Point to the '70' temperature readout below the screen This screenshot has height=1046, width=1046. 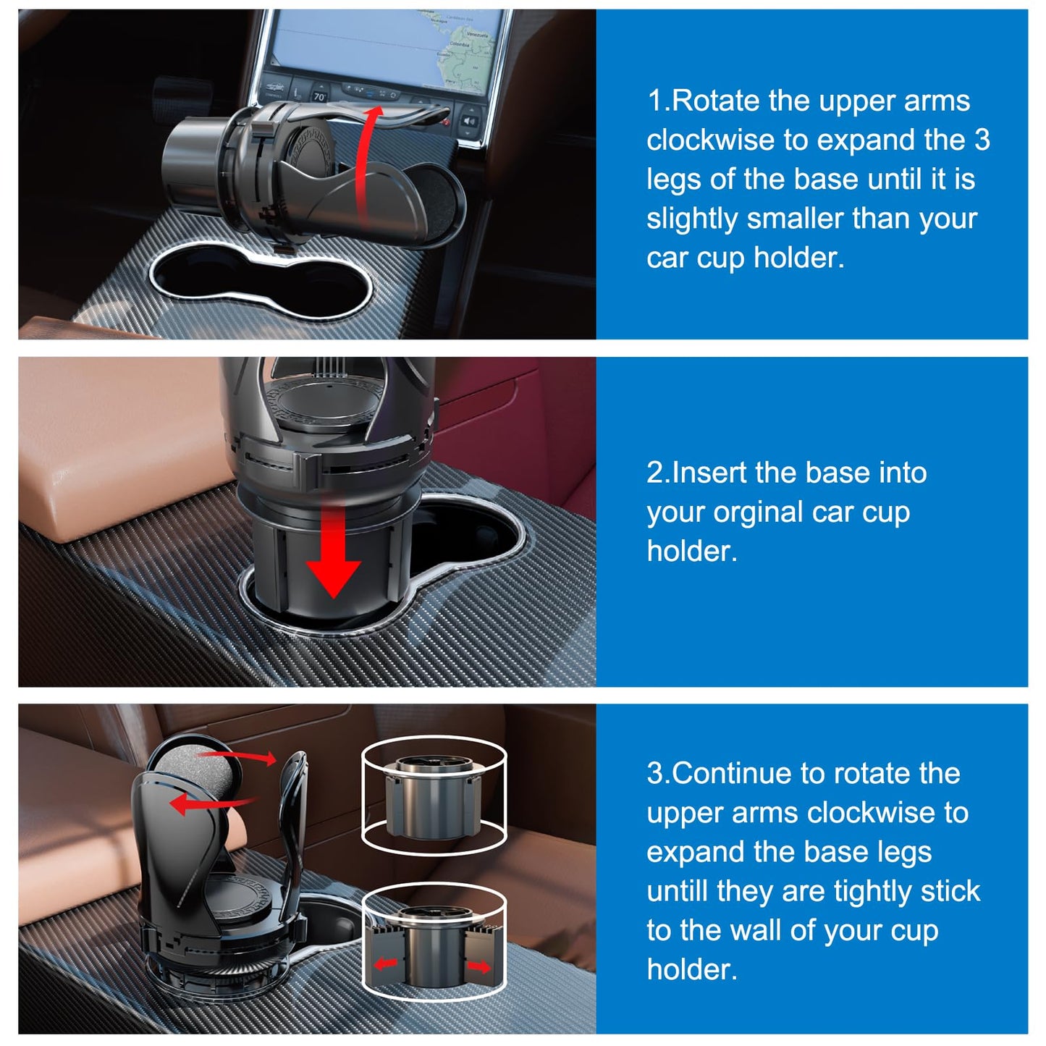(319, 96)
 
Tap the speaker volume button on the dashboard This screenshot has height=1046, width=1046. (469, 121)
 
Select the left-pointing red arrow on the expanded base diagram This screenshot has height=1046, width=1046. (385, 963)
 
